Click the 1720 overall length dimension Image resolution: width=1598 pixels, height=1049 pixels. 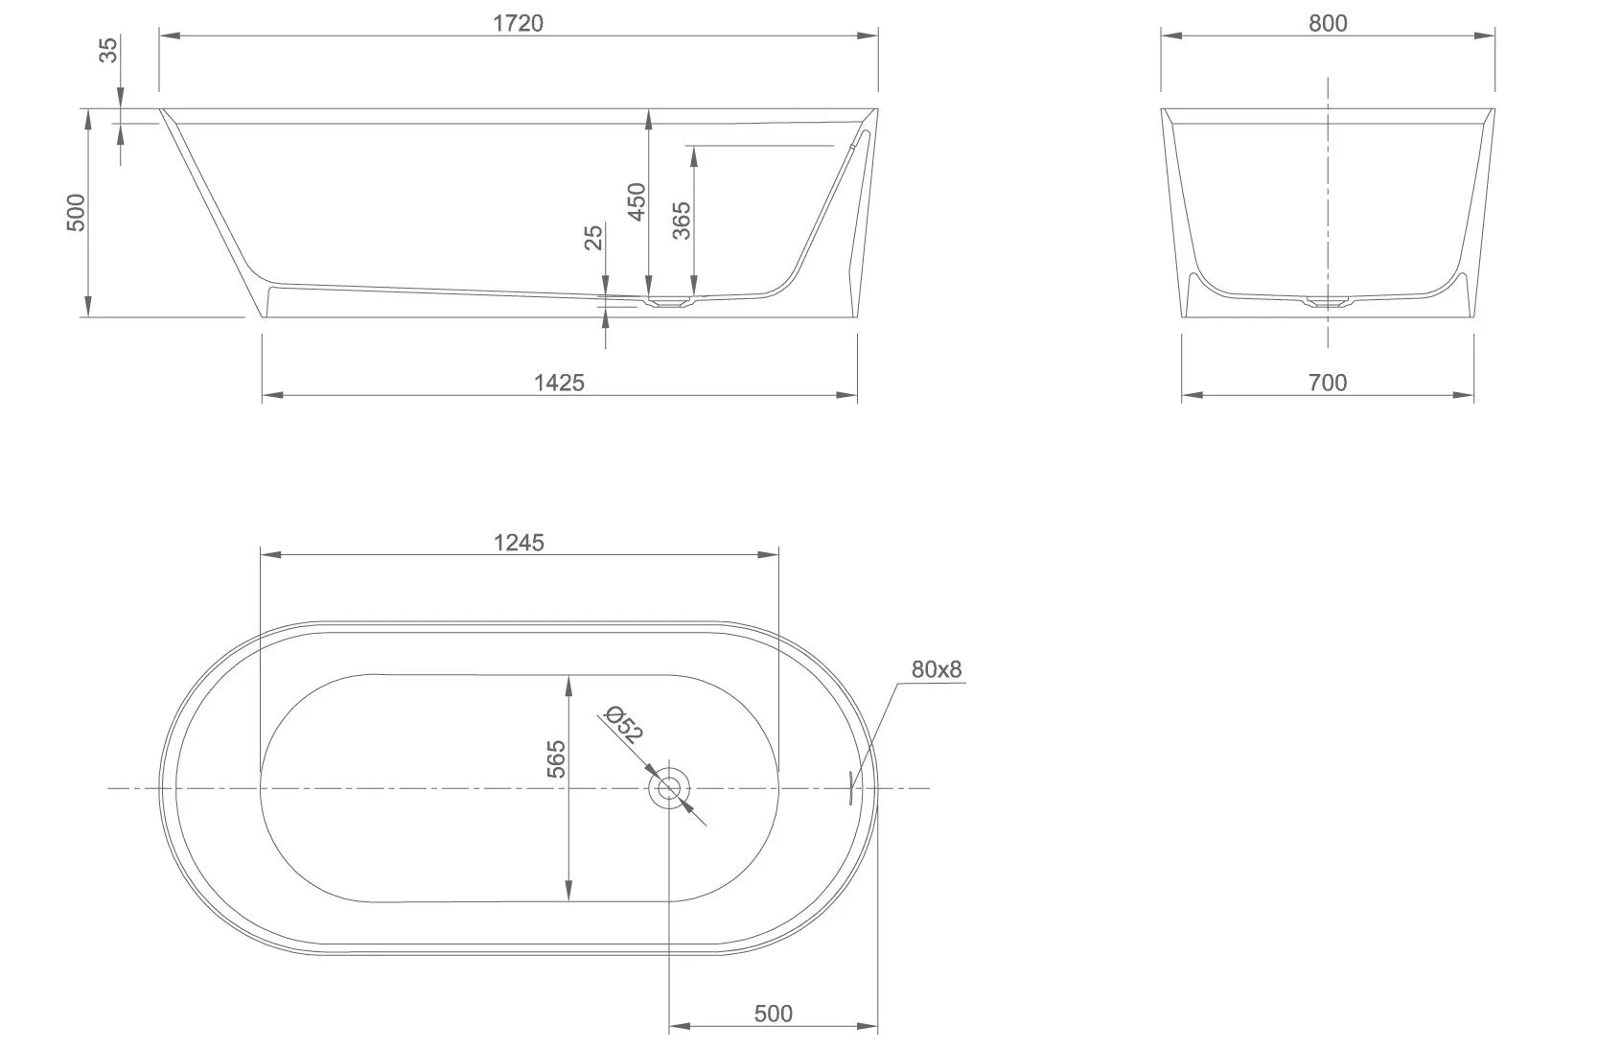(x=518, y=24)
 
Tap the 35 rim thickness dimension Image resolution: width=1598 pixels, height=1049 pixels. (x=108, y=50)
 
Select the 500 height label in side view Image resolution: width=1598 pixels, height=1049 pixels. (x=76, y=213)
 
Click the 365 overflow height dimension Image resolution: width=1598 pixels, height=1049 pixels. (x=682, y=221)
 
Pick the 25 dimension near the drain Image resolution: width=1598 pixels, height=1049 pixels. (x=593, y=238)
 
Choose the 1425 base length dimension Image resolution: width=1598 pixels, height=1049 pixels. (x=559, y=384)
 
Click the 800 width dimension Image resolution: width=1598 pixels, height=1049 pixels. (x=1328, y=24)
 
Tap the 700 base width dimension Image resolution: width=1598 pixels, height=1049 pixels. (x=1328, y=384)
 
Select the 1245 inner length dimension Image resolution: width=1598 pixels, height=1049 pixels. (x=519, y=543)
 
